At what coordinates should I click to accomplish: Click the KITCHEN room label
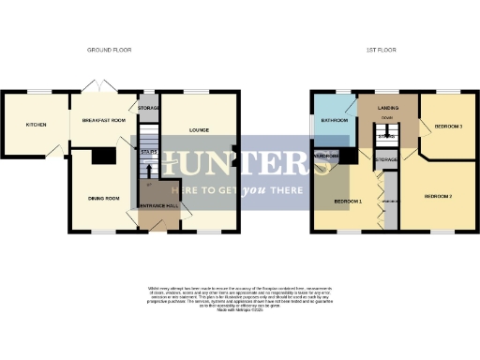click(x=35, y=124)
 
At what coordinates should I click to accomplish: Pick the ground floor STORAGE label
click(x=149, y=109)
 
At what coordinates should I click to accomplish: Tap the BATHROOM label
click(x=335, y=121)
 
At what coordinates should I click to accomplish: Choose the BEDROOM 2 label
click(x=438, y=196)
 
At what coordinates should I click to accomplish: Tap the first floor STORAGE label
click(x=387, y=160)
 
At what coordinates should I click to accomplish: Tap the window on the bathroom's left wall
click(x=313, y=121)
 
